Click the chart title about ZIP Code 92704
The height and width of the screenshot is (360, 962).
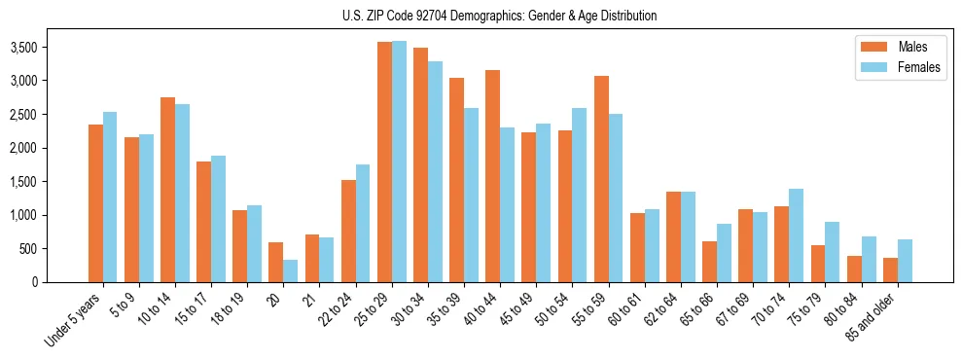tap(499, 16)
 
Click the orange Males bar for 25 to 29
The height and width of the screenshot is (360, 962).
tap(384, 162)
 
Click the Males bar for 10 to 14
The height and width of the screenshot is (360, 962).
tap(167, 190)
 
